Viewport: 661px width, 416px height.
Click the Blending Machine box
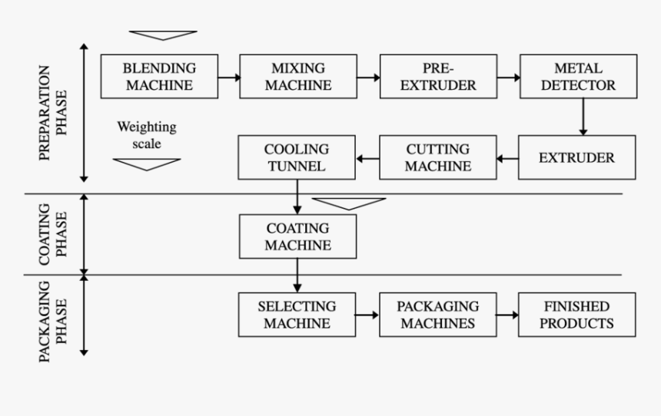158,76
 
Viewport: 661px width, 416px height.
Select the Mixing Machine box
298,76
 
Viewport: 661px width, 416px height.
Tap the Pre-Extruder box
438,76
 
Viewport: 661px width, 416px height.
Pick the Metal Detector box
578,76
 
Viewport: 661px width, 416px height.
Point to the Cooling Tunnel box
297,158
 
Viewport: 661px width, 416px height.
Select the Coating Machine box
298,236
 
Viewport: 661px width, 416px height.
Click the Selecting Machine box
297,315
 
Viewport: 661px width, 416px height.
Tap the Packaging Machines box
437,315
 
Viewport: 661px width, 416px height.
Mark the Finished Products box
577,315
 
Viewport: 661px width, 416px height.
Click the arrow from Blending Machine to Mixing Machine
228,77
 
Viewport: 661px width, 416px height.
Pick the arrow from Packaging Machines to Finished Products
507,315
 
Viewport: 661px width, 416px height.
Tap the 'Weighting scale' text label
147,134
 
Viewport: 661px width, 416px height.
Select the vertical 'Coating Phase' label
53,234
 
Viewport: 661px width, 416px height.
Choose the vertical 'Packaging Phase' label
53,315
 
